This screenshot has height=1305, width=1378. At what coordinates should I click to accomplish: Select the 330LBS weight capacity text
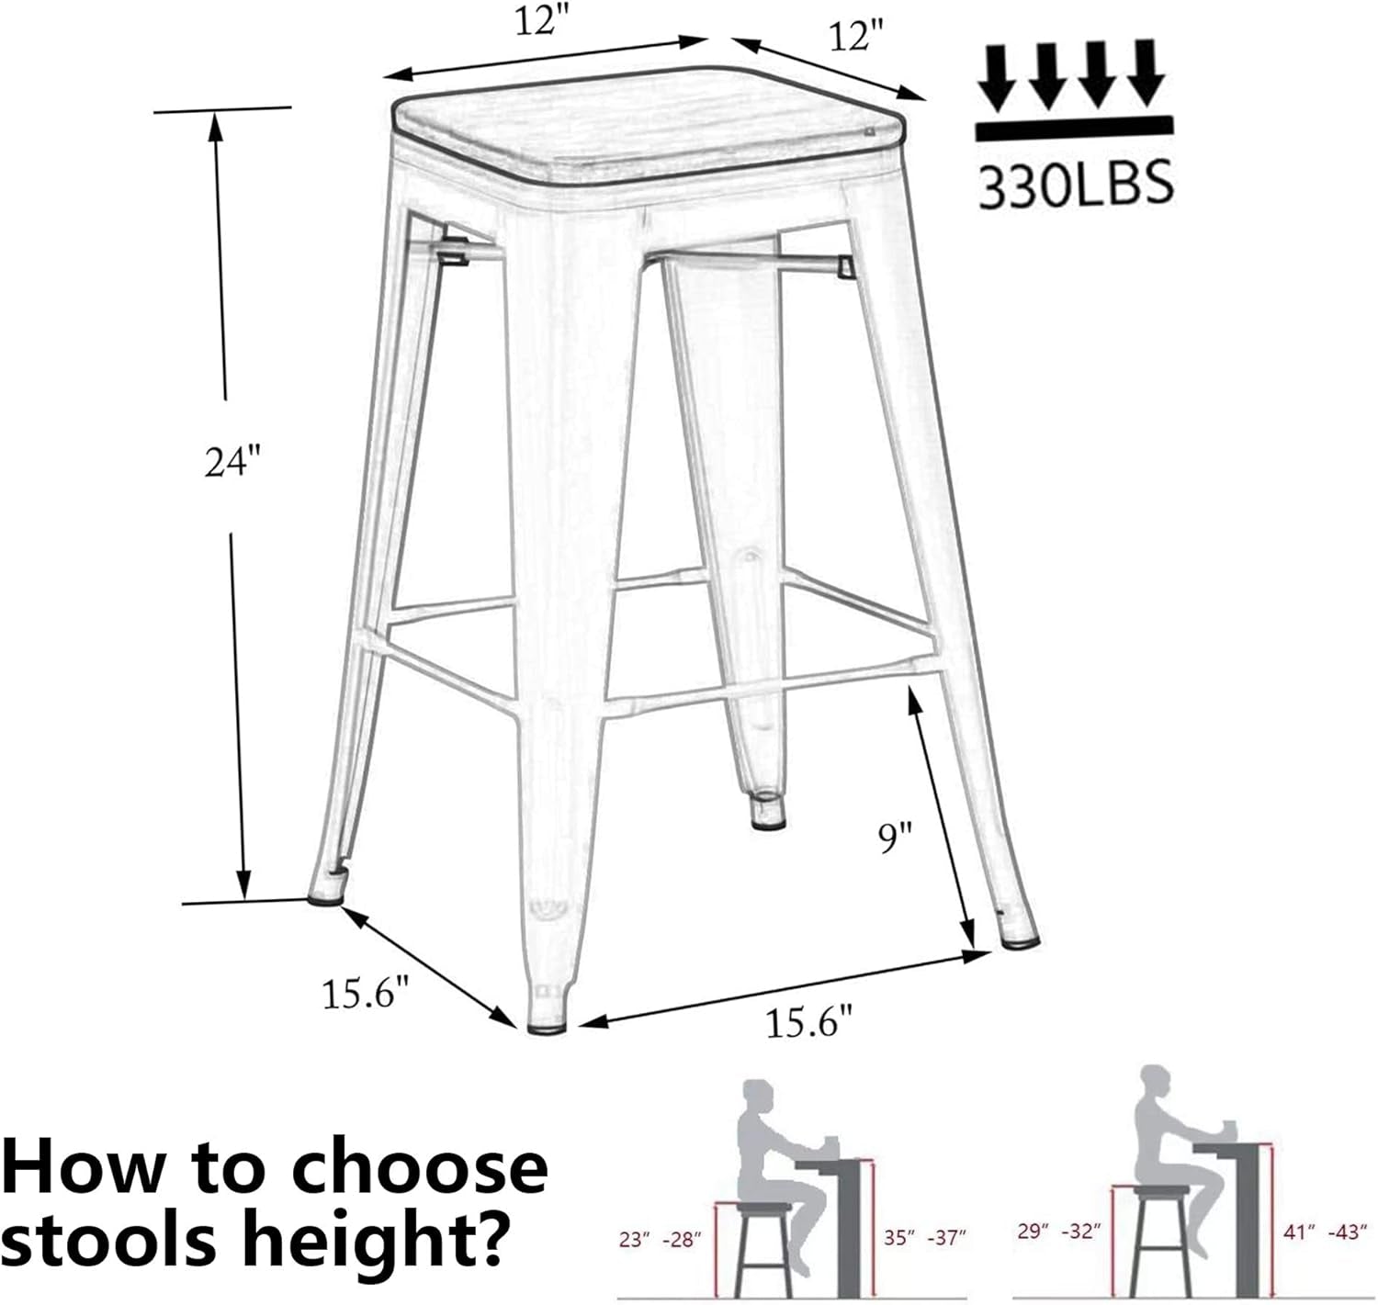(1076, 184)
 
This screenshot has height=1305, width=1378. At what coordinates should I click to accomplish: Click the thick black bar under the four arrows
(1074, 129)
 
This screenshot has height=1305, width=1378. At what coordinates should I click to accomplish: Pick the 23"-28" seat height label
(660, 1239)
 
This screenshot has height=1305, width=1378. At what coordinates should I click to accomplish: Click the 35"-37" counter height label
(924, 1238)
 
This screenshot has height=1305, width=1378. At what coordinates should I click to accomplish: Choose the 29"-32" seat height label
(1058, 1231)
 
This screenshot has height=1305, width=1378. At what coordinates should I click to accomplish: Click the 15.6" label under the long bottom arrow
(809, 1022)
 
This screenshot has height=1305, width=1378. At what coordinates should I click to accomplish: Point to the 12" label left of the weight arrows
(854, 38)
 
